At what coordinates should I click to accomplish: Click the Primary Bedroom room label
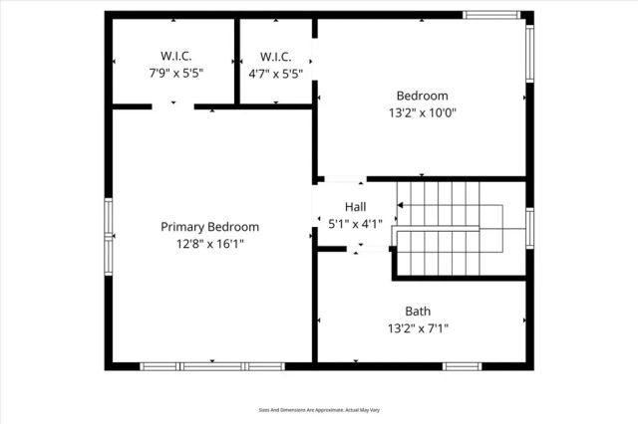[x=209, y=226]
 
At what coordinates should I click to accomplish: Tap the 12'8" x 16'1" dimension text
[x=209, y=243]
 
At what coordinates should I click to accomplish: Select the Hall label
[x=355, y=207]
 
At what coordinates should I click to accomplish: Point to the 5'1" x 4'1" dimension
[x=355, y=224]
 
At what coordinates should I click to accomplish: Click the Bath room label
[x=418, y=311]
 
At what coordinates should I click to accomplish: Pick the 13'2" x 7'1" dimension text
[x=418, y=327]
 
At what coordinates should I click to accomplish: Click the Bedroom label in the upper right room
[x=422, y=96]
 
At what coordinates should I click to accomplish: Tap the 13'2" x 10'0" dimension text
[x=422, y=112]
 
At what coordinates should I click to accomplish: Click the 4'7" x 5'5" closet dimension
[x=274, y=73]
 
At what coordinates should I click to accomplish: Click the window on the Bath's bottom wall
[x=462, y=366]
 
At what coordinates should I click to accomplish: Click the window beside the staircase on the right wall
[x=530, y=227]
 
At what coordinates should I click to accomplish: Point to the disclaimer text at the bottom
[x=318, y=409]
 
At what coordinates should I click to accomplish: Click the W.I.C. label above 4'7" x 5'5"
[x=274, y=56]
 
